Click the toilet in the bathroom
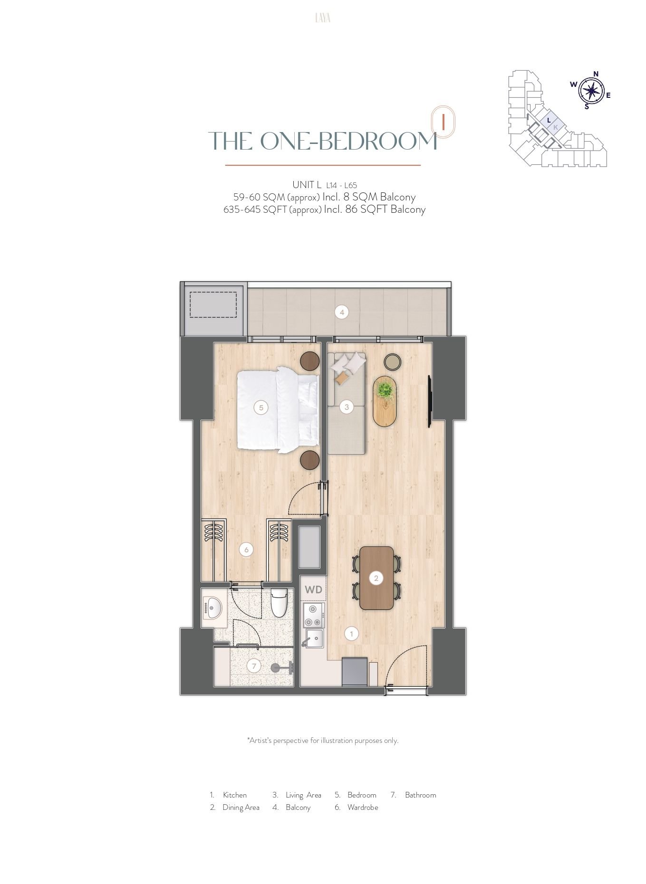(279, 603)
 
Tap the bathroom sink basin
(212, 608)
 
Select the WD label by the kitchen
(313, 589)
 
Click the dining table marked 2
(376, 578)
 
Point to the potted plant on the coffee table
(386, 390)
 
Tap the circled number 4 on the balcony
(341, 312)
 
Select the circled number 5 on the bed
(261, 407)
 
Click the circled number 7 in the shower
(254, 666)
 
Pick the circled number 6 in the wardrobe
(246, 550)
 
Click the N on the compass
(596, 74)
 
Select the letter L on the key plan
(549, 121)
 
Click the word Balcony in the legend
(298, 807)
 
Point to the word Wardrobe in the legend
(363, 807)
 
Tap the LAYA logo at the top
(323, 18)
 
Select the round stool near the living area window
(393, 362)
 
